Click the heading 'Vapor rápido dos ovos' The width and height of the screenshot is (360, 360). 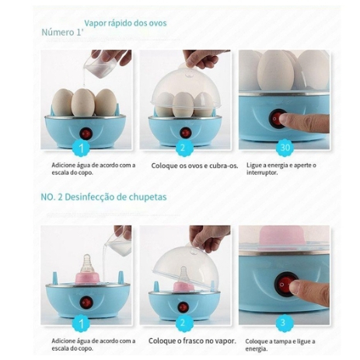(125, 23)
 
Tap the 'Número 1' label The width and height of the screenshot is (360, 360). (61, 33)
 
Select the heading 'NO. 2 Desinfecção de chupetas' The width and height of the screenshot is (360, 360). (103, 197)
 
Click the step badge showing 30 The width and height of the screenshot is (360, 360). (285, 148)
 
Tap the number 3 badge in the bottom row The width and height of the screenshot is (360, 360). (283, 323)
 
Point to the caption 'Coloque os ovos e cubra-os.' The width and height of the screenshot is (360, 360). (194, 166)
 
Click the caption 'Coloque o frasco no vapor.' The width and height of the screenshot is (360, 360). (192, 341)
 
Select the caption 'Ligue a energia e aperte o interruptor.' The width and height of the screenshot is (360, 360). (281, 169)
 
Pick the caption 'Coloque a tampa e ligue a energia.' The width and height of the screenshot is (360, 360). (280, 344)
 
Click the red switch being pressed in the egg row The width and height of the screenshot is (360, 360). (277, 119)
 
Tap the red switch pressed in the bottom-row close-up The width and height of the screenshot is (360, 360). (284, 284)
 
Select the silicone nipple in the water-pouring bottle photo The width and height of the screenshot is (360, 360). (87, 264)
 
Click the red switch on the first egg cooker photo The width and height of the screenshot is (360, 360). (86, 134)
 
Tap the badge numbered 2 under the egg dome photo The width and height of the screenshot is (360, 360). (183, 148)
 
